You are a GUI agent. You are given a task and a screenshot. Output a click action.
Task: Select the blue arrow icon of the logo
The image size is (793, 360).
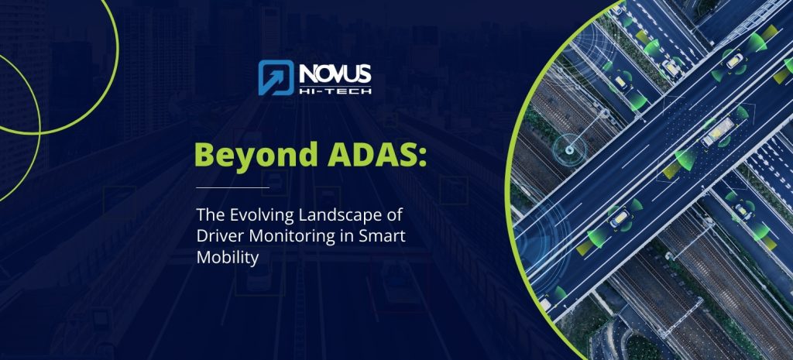[276, 77]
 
